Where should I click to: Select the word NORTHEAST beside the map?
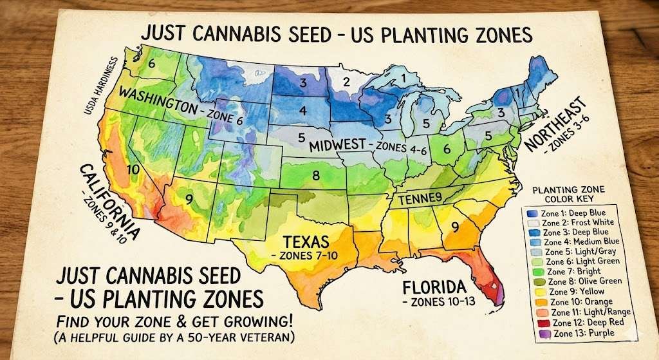(x=555, y=125)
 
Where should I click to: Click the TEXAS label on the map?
(x=307, y=242)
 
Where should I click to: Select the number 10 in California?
(x=134, y=169)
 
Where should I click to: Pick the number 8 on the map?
(x=315, y=175)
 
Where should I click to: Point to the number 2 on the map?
(x=346, y=82)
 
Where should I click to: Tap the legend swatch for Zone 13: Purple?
(x=532, y=334)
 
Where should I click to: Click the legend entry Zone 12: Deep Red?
(x=575, y=322)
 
